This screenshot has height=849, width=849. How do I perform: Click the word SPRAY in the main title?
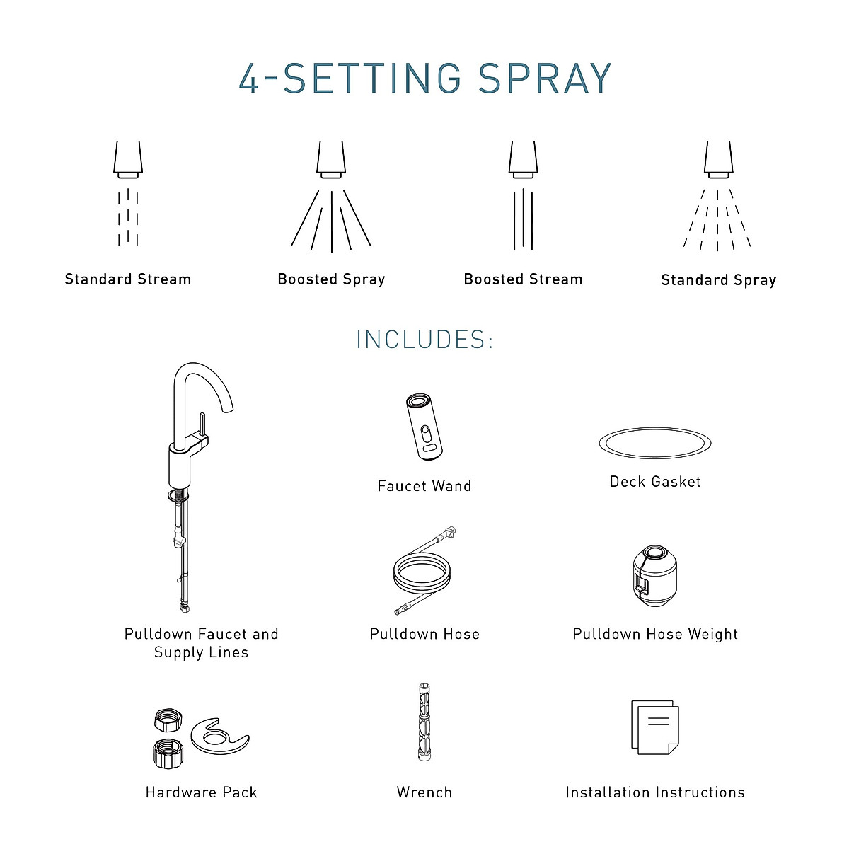(x=545, y=79)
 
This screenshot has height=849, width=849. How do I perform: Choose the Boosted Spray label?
(x=331, y=279)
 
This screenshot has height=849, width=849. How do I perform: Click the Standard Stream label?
(x=128, y=279)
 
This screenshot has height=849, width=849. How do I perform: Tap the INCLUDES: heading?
(x=424, y=340)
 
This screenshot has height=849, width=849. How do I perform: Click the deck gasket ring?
(x=655, y=443)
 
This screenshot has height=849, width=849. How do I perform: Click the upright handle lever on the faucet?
(x=202, y=427)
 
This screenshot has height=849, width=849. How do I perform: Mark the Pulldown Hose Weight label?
(x=655, y=634)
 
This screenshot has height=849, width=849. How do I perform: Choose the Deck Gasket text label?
(x=655, y=482)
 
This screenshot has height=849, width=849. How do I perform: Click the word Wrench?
(x=424, y=792)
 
